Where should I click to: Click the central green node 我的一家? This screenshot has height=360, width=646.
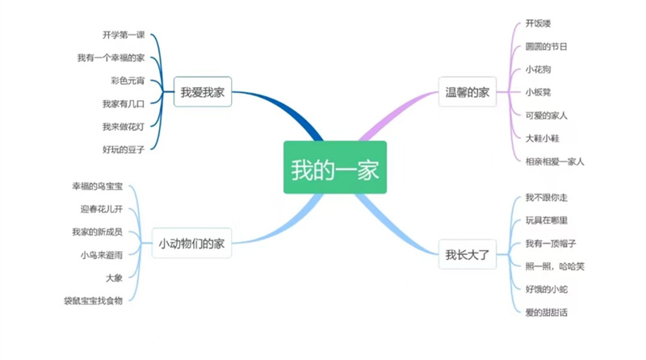pos(334,168)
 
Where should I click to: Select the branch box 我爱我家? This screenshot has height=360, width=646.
pos(202,92)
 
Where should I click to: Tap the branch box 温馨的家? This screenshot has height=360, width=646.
pos(468,92)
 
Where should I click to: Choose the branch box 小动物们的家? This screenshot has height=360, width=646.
pos(191,243)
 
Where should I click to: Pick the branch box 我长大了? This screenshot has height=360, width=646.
pos(468,254)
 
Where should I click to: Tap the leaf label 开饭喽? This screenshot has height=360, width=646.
pos(538,23)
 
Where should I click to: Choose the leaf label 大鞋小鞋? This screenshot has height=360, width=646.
pos(542,138)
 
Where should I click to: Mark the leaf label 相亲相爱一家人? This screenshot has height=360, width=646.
pos(554,161)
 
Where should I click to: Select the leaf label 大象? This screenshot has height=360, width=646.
pos(114,278)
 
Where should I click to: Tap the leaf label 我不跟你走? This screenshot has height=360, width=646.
pos(546,198)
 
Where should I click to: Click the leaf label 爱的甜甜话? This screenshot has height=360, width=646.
pos(546,312)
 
